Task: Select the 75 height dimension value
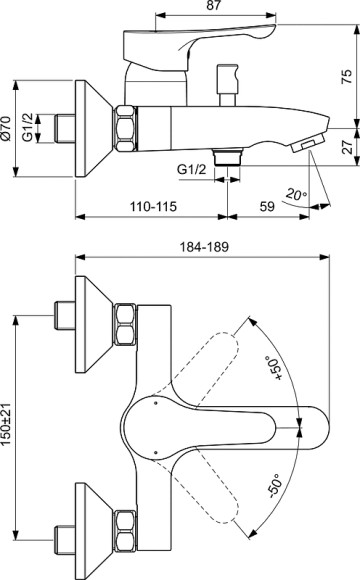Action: click(346, 78)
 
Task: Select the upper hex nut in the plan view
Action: click(126, 320)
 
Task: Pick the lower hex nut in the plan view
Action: click(126, 520)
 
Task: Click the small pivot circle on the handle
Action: click(156, 407)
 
